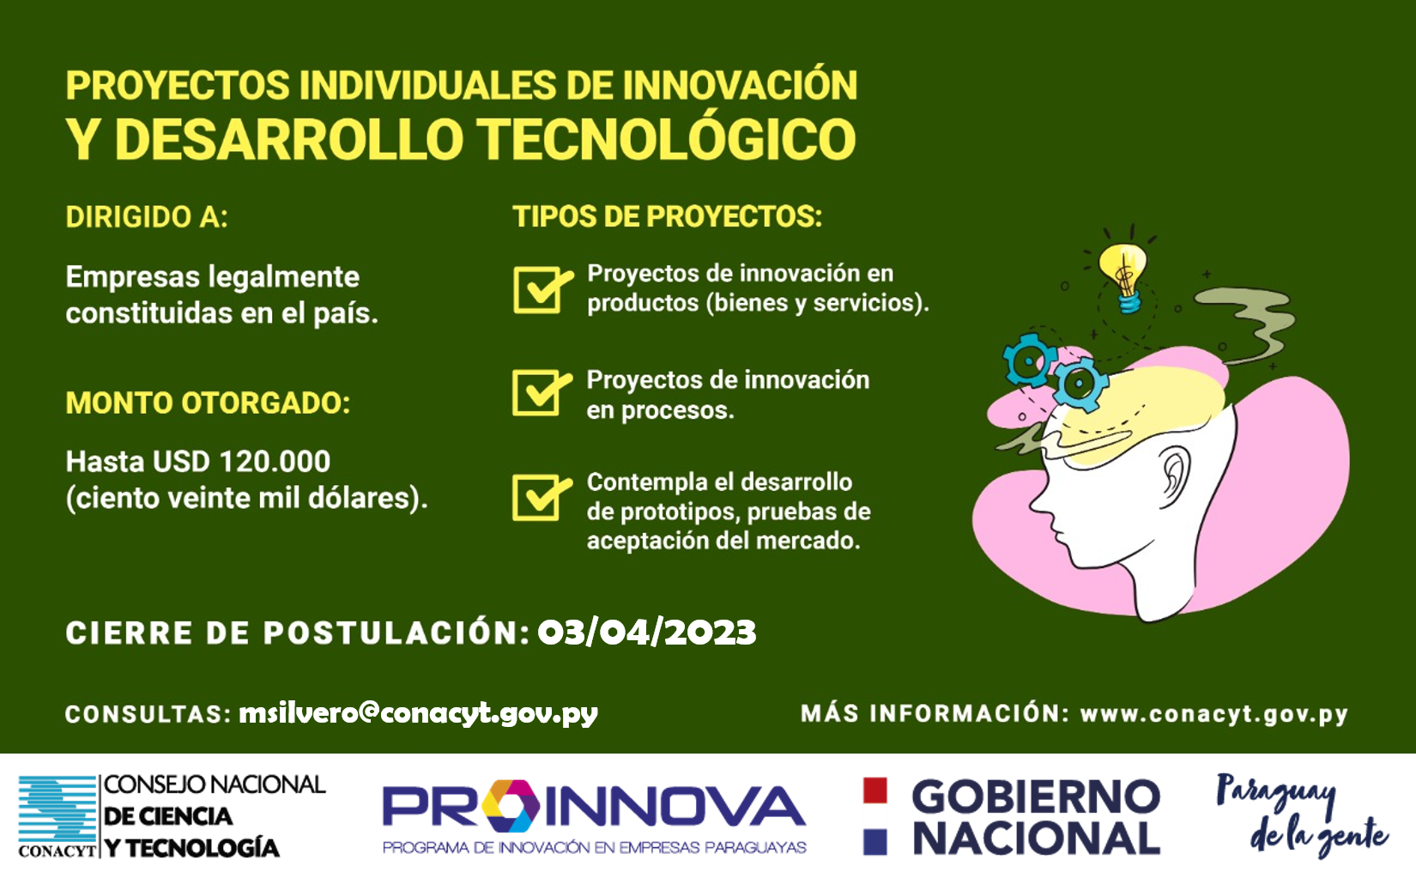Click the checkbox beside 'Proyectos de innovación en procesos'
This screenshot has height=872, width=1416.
(x=536, y=393)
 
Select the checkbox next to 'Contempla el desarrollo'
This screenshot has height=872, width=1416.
(x=536, y=498)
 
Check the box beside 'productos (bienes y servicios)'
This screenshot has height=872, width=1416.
(x=537, y=289)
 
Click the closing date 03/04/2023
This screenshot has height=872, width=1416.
(x=647, y=633)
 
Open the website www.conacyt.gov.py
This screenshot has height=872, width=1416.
(x=1214, y=715)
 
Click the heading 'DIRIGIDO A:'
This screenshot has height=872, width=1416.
(x=147, y=217)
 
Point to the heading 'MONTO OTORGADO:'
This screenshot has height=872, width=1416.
(x=208, y=403)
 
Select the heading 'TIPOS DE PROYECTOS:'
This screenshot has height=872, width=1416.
(x=667, y=216)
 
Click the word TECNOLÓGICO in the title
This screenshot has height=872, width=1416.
(x=666, y=139)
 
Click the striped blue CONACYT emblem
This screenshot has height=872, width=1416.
(x=57, y=808)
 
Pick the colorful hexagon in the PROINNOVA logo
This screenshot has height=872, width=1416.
(x=511, y=806)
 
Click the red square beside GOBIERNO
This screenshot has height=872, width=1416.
(x=874, y=790)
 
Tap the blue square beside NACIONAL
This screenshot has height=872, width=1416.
(x=874, y=841)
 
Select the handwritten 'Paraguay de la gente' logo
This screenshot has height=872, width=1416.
(x=1301, y=814)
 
